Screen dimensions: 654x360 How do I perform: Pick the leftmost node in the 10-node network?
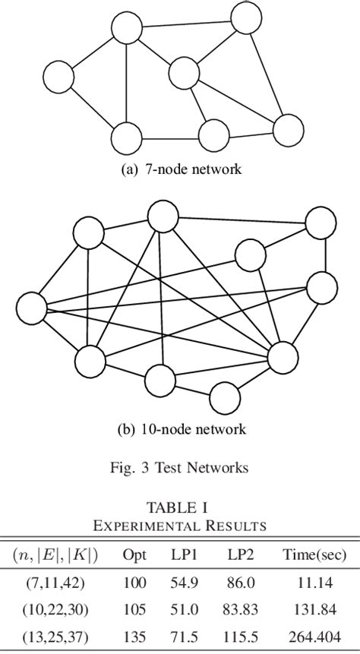pos(31,309)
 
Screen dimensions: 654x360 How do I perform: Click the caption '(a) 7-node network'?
pos(181,169)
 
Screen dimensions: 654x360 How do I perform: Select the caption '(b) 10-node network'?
pos(181,429)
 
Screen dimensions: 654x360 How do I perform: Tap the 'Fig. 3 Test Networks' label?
pos(181,468)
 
